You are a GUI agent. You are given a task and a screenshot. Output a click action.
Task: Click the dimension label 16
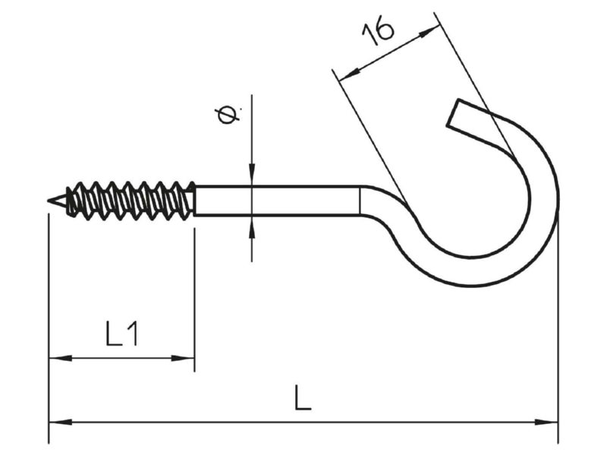(378, 30)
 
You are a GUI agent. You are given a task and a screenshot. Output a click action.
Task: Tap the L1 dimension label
(121, 334)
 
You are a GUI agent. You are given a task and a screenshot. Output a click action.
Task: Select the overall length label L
(302, 397)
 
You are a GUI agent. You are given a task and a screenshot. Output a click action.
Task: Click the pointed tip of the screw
(48, 201)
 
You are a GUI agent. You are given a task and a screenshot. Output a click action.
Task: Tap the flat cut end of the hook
(453, 112)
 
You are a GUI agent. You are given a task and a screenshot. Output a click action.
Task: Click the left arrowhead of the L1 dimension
(60, 358)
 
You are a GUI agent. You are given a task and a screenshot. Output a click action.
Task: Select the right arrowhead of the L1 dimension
(183, 358)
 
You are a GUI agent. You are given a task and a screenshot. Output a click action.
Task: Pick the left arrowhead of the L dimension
(61, 422)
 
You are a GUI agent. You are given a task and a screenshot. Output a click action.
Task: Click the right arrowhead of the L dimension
(546, 422)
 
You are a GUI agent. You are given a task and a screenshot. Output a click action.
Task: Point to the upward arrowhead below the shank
(252, 226)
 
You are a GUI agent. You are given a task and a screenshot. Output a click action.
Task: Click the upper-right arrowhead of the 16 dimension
(429, 32)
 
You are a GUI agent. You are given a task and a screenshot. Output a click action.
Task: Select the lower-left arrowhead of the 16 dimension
(349, 74)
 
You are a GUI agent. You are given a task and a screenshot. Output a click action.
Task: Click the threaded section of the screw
(130, 201)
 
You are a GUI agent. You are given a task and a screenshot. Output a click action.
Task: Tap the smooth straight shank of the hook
(277, 201)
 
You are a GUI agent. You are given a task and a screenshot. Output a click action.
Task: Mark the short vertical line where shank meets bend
(360, 201)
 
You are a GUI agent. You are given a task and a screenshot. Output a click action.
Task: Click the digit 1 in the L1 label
(132, 334)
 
